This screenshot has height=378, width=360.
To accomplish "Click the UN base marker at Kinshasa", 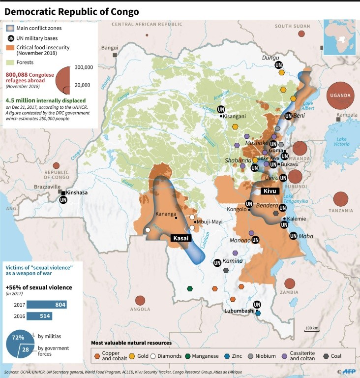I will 63,200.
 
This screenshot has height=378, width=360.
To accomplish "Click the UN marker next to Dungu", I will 278,65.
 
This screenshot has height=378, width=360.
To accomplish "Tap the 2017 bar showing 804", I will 46,305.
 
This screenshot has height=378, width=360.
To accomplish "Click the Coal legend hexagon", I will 327,355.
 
